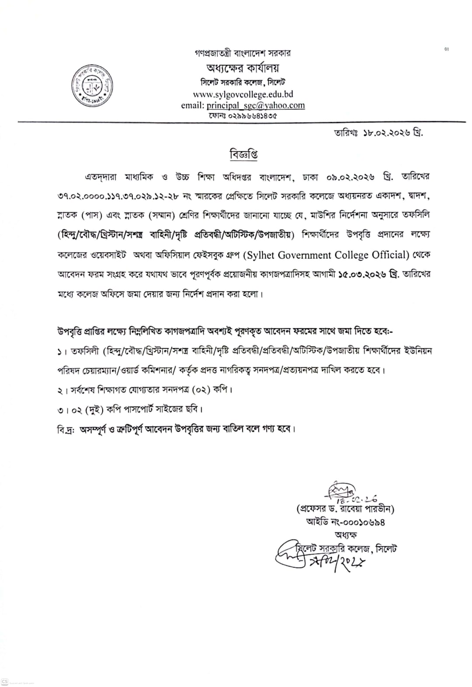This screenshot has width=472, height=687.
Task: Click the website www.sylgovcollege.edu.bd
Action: pos(243,94)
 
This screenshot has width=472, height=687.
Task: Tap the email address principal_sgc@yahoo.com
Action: pos(256,105)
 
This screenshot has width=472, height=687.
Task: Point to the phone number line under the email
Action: pos(243,116)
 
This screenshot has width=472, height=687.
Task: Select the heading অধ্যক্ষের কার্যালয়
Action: pos(243,69)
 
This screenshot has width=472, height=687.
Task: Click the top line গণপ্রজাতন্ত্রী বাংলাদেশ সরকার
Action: pos(243,53)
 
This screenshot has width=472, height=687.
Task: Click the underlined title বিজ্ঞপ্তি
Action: pos(243,154)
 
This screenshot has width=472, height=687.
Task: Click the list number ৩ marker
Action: pos(60,409)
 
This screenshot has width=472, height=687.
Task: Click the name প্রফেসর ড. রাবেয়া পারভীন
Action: pos(346,509)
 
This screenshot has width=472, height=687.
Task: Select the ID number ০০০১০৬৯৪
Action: pos(364,522)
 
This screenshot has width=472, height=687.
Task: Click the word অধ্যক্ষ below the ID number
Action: pos(346,535)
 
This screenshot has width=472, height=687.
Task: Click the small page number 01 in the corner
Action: pos(447,49)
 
